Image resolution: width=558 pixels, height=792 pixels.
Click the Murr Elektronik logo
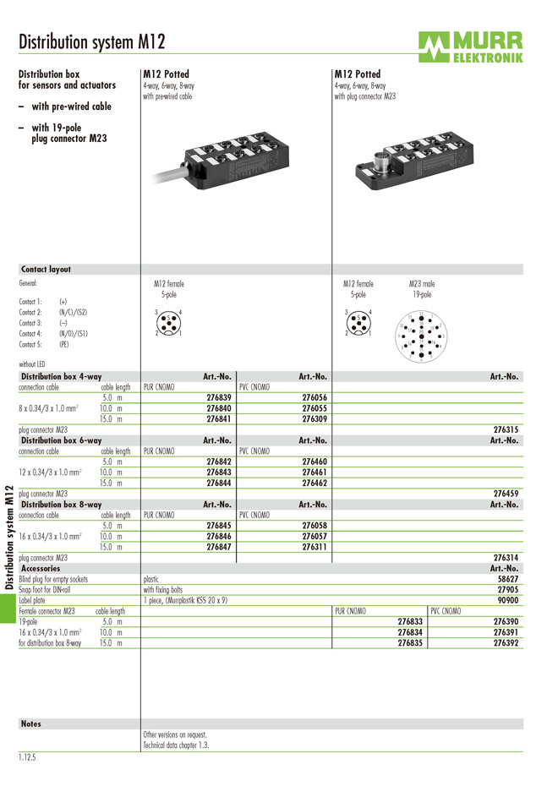(x=469, y=46)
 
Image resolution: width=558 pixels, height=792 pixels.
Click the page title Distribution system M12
(x=92, y=42)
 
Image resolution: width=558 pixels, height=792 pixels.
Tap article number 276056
(x=314, y=396)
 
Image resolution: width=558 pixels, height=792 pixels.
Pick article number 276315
(x=506, y=429)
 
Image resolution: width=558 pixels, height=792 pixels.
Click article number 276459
(x=506, y=493)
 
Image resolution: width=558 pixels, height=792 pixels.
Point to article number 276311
(x=314, y=547)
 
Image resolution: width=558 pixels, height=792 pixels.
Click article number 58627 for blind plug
(x=508, y=579)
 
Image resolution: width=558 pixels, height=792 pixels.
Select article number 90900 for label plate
(x=508, y=600)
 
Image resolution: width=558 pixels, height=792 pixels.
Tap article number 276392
(x=506, y=643)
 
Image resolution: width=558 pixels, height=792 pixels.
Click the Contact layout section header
(x=46, y=270)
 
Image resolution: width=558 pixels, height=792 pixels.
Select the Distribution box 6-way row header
(x=61, y=440)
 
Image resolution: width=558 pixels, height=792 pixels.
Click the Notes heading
(x=31, y=724)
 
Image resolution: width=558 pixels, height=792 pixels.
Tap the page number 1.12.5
(x=30, y=757)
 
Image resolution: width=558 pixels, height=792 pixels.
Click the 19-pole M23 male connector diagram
(x=421, y=334)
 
